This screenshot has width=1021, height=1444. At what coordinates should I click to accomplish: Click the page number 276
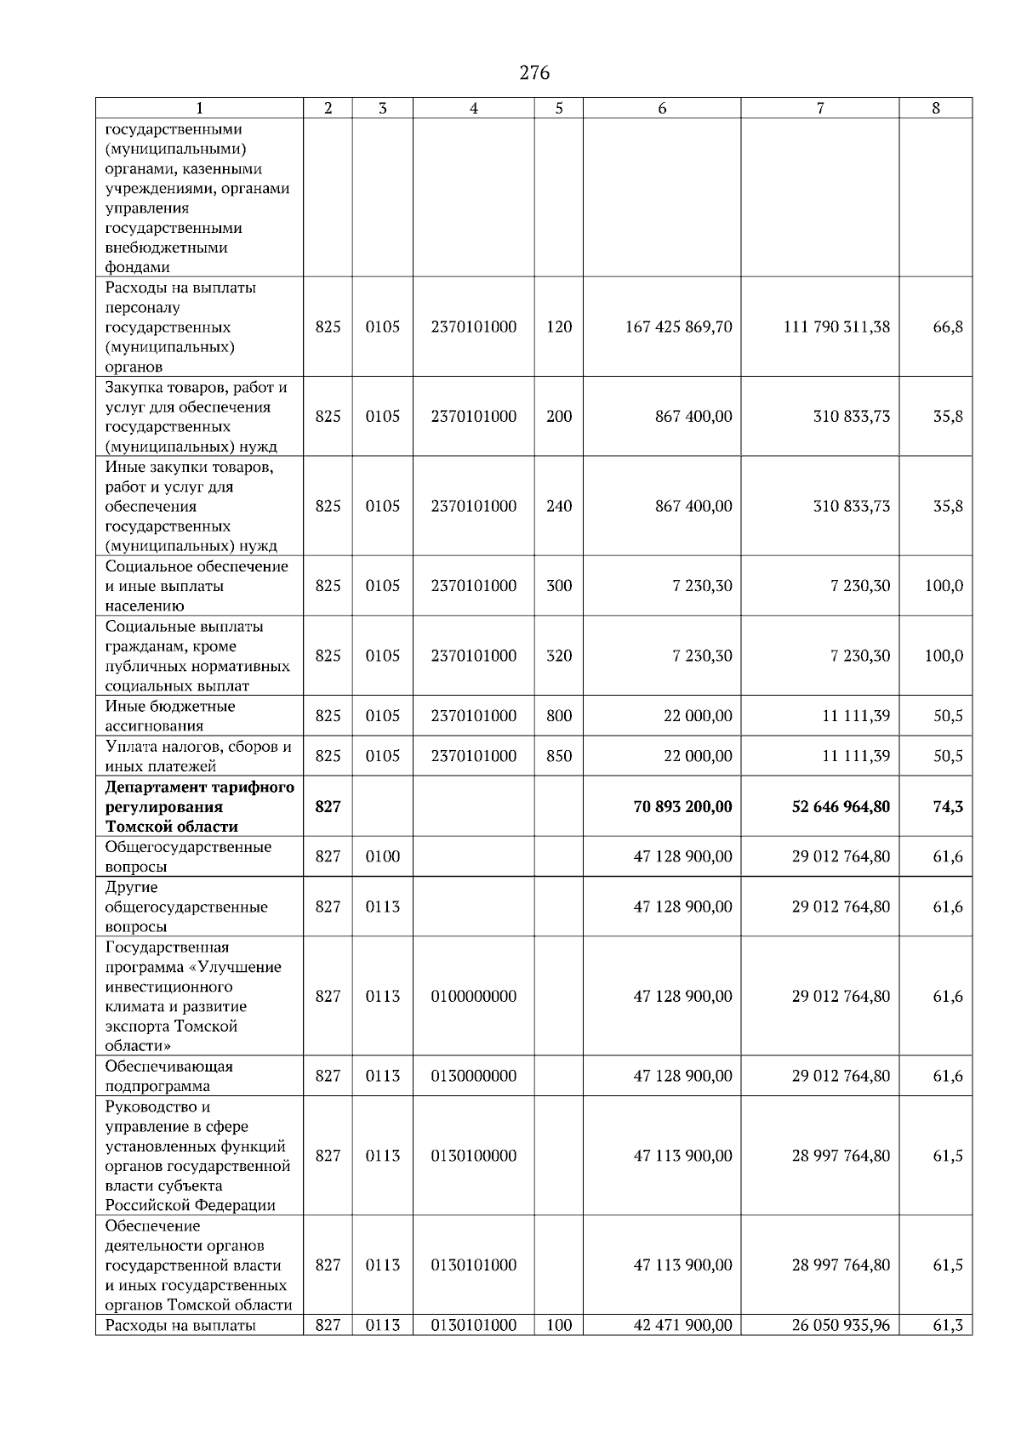534,73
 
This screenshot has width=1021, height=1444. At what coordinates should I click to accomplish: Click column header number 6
662,108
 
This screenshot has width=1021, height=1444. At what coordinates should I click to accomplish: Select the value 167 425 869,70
678,327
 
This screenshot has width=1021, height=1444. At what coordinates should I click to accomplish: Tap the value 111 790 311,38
836,327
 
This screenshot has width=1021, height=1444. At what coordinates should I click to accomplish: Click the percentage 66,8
948,327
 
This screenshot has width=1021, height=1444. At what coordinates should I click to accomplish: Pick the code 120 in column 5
559,327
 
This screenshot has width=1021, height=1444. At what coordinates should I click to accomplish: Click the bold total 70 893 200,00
682,806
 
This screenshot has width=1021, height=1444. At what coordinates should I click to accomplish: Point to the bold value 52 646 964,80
841,806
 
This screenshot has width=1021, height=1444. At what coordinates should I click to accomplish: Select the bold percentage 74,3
948,806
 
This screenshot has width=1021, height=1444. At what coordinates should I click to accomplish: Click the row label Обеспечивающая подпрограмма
168,1076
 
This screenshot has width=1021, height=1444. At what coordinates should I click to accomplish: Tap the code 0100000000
473,996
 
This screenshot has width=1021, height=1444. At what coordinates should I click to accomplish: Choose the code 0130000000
473,1076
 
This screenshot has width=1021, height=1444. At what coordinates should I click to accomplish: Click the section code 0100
382,856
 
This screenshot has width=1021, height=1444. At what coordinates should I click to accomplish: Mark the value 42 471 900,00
682,1325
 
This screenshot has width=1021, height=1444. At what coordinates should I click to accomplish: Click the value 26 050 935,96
841,1325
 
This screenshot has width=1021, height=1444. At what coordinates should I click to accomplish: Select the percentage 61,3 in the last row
948,1325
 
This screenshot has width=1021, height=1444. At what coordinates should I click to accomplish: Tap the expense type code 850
559,756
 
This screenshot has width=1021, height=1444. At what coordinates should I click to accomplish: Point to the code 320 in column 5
559,656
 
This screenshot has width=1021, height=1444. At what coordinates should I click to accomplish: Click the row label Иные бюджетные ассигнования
170,716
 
